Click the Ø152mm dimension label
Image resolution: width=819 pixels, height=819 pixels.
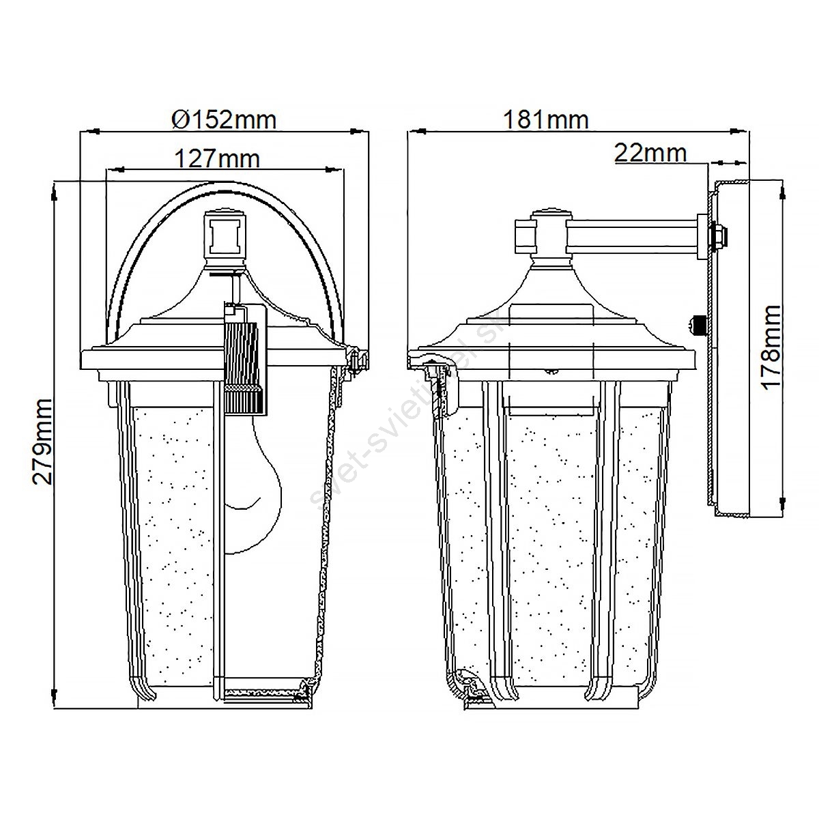(x=224, y=120)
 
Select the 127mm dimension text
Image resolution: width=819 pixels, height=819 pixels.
(x=217, y=159)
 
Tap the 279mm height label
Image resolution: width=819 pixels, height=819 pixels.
(x=42, y=441)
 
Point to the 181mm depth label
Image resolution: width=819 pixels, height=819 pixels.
(x=546, y=120)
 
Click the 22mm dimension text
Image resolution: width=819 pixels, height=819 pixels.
(x=650, y=153)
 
